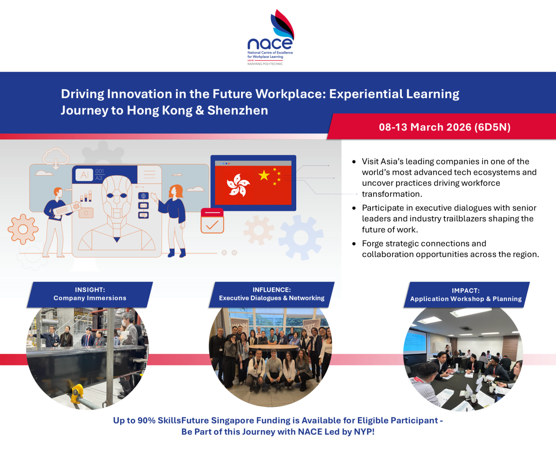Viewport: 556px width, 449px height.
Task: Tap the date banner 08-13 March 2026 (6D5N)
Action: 444,127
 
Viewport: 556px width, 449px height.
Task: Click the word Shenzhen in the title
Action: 238,110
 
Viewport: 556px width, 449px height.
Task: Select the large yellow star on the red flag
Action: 264,175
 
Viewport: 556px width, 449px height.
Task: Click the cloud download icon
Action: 56,157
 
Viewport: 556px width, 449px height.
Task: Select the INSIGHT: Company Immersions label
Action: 90,294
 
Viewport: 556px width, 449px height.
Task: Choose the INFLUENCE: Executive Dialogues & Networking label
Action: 271,294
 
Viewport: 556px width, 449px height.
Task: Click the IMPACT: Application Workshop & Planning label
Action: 466,295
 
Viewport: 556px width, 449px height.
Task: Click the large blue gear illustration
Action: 301,237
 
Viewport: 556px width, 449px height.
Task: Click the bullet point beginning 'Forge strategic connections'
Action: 450,249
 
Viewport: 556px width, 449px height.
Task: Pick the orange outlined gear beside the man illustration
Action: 23,229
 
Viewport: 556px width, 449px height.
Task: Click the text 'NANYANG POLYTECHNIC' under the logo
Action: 265,64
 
